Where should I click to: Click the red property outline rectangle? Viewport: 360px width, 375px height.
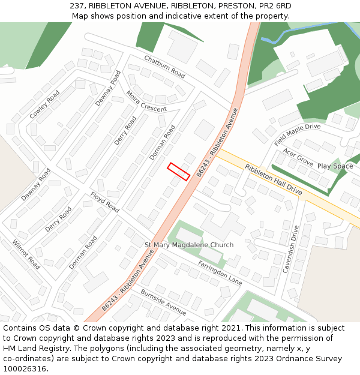pyautogui.click(x=179, y=171)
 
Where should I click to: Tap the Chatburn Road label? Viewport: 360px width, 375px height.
pyautogui.click(x=164, y=67)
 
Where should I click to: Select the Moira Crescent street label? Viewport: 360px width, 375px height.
pyautogui.click(x=146, y=101)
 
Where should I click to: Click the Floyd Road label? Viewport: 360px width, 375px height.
pyautogui.click(x=105, y=202)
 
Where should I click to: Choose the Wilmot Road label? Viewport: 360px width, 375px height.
pyautogui.click(x=26, y=254)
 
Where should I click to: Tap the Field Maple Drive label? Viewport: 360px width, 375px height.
pyautogui.click(x=298, y=134)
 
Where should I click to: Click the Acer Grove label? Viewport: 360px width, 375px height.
pyautogui.click(x=298, y=158)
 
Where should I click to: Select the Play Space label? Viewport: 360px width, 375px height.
pyautogui.click(x=335, y=166)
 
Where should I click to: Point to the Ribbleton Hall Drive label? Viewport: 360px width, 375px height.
pyautogui.click(x=273, y=179)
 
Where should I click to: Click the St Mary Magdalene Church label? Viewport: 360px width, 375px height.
pyautogui.click(x=189, y=245)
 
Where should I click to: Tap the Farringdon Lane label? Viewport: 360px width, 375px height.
pyautogui.click(x=220, y=272)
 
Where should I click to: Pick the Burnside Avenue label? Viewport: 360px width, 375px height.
pyautogui.click(x=163, y=301)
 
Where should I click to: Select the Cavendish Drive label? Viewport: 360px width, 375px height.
pyautogui.click(x=290, y=249)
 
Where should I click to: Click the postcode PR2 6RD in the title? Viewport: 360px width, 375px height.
pyautogui.click(x=271, y=5)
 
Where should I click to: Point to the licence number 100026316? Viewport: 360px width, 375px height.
pyautogui.click(x=25, y=369)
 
